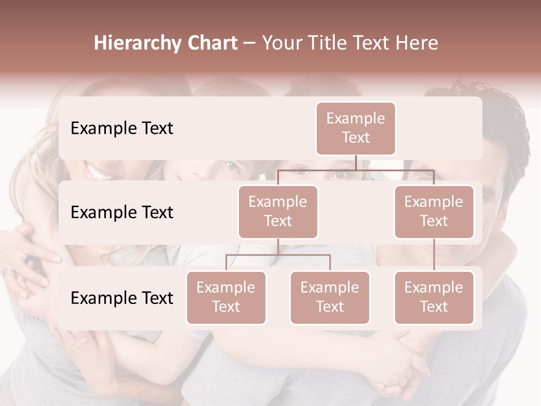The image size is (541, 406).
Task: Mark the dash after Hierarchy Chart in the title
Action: [x=250, y=43]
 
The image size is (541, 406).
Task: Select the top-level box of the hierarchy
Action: [x=356, y=128]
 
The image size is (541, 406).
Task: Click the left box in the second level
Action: [x=278, y=211]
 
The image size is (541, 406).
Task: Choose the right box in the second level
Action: [x=434, y=211]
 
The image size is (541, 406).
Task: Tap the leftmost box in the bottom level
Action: [x=226, y=297]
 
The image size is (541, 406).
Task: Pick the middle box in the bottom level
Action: [x=330, y=297]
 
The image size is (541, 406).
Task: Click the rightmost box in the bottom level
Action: [x=434, y=297]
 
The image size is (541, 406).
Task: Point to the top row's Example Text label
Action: [x=122, y=128]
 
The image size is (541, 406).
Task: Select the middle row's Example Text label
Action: [x=122, y=212]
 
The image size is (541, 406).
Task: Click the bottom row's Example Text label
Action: [x=122, y=298]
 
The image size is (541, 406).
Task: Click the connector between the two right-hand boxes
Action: [x=434, y=255]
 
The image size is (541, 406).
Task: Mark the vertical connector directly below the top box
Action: [x=356, y=162]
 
